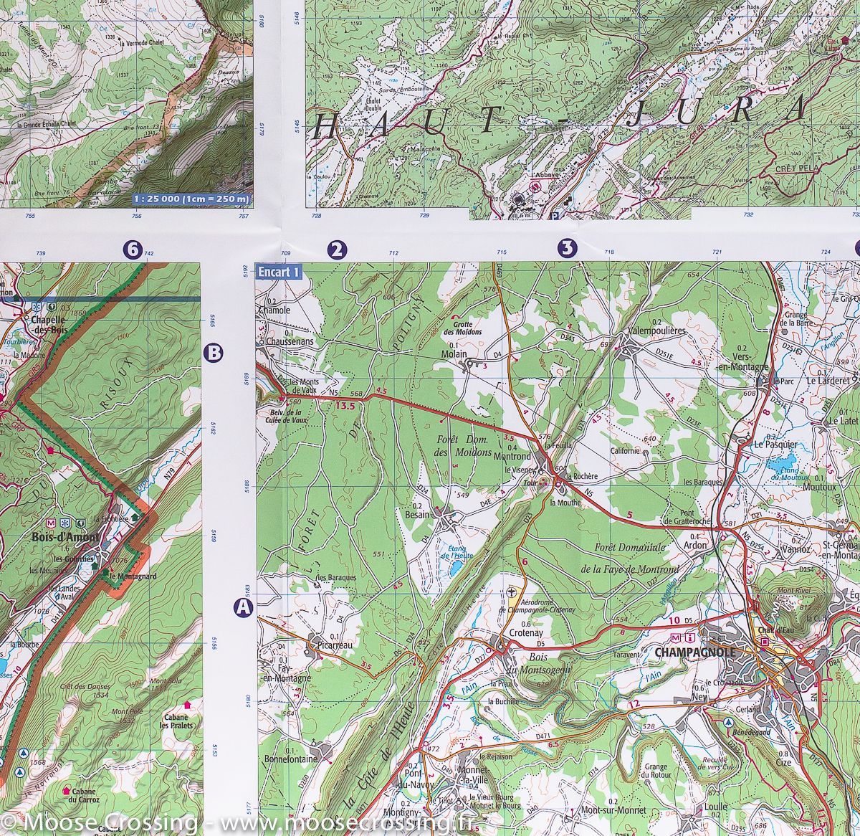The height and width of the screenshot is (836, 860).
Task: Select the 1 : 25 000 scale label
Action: point(193,199)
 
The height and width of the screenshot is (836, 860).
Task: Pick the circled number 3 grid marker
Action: point(567,249)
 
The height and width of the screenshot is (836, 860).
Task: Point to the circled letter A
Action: point(244,608)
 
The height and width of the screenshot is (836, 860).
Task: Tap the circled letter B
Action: point(214,353)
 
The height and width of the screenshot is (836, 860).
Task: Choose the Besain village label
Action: point(417,514)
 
